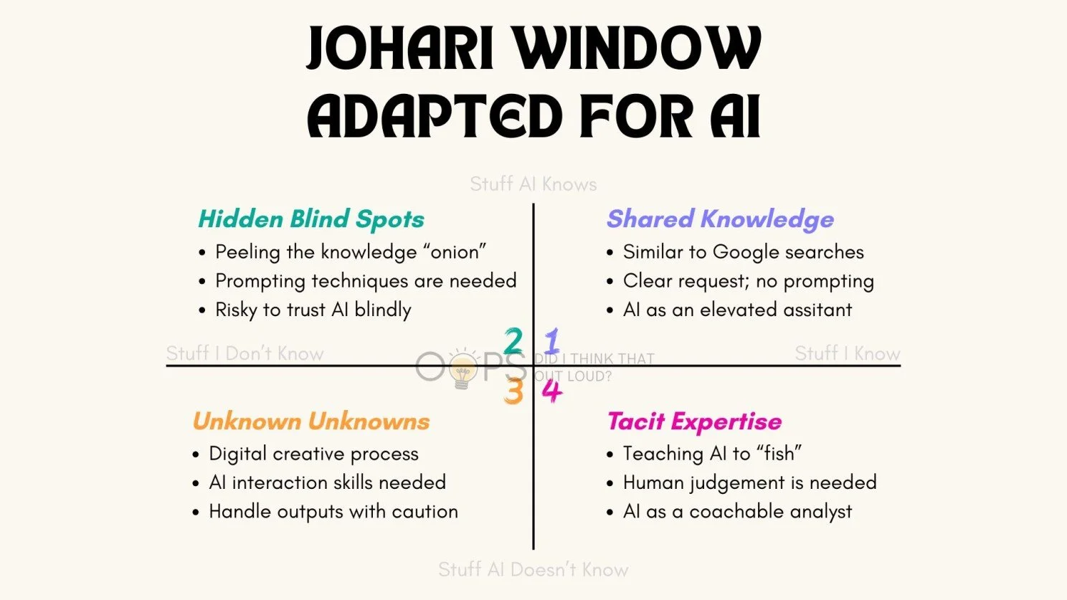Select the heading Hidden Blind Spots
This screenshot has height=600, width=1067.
(x=311, y=219)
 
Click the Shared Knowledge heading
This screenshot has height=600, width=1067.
(x=720, y=219)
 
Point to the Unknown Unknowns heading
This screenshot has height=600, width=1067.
(x=311, y=422)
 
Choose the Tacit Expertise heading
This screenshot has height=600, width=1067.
(x=694, y=422)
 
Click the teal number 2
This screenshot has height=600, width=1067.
(x=513, y=341)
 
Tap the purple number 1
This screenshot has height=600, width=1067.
(x=552, y=341)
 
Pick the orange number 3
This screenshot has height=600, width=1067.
(x=513, y=391)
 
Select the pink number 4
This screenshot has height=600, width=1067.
(x=551, y=391)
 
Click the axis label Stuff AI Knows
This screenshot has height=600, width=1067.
(x=533, y=184)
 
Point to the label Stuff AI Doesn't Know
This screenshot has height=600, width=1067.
(x=533, y=570)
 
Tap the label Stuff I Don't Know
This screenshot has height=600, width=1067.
(x=245, y=353)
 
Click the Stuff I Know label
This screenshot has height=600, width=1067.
(x=847, y=353)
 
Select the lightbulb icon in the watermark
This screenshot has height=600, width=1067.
(x=463, y=369)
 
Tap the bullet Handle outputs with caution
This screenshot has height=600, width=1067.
(x=333, y=512)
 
